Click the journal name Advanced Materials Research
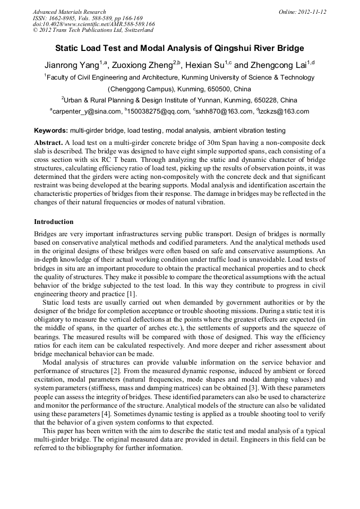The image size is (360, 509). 69,12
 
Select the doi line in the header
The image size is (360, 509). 93,24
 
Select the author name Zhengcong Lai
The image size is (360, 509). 279,65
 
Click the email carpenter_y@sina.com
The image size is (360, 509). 87,111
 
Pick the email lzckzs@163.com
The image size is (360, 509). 284,111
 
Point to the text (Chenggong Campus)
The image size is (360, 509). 137,89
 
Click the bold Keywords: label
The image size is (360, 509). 51,130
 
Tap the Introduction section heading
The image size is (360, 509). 54,222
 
